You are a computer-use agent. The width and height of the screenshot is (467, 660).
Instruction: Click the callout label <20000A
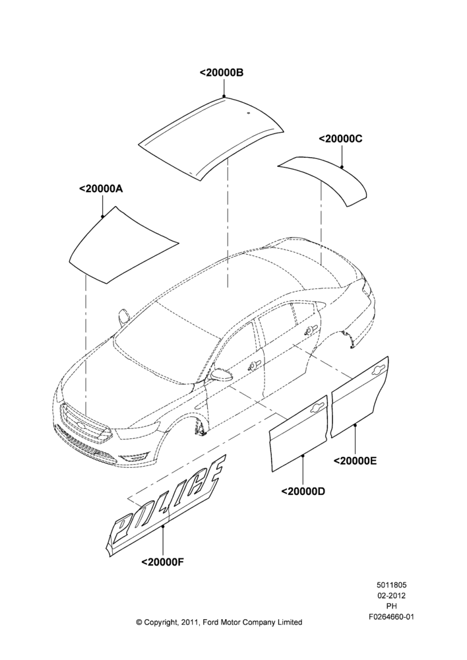tap(101, 189)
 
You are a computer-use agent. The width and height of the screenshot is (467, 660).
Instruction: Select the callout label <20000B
tap(222, 73)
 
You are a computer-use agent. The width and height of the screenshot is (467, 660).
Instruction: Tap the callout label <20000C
tap(341, 139)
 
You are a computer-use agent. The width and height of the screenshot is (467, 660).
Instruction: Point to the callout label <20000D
tap(303, 491)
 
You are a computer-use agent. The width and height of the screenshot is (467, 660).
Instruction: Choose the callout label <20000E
tap(356, 461)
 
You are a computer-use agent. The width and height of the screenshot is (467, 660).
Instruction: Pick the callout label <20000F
tap(163, 562)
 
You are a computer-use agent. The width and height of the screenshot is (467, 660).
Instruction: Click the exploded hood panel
tap(122, 246)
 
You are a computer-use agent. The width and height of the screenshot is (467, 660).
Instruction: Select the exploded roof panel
tap(212, 135)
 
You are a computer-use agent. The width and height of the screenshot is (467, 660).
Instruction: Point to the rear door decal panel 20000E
tap(359, 398)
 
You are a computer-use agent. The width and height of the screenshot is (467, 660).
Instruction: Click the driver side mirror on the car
tap(222, 374)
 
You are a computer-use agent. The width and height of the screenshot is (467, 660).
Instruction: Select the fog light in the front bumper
tap(134, 458)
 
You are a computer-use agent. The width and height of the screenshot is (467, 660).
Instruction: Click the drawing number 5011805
tap(391, 585)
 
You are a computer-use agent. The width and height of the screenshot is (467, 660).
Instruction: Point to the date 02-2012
tap(391, 595)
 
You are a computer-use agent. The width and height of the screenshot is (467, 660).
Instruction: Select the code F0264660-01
tap(391, 617)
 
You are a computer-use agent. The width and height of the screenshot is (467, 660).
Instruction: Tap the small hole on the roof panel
tap(248, 113)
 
